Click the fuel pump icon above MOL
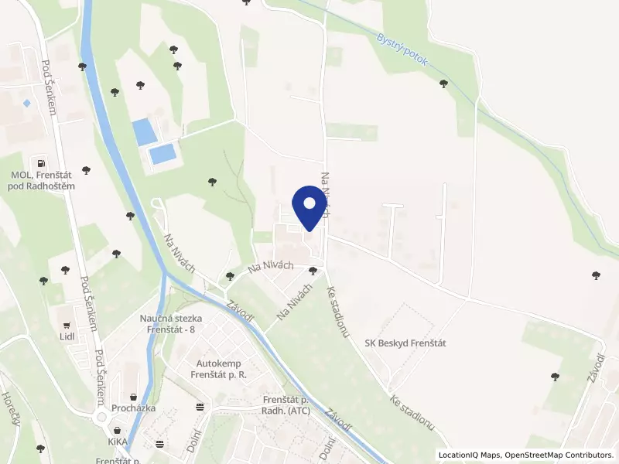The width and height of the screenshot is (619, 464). [x=40, y=163]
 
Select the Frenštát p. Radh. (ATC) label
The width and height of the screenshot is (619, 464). [x=287, y=405]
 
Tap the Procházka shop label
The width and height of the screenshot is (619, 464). [x=132, y=408]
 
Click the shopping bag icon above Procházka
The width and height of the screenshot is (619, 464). [x=134, y=396]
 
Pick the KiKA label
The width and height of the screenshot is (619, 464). [x=118, y=443]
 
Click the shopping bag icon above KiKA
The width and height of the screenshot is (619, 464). [x=118, y=431]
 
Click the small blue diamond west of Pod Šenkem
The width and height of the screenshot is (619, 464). [x=26, y=103]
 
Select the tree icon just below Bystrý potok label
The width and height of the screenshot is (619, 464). [x=443, y=84]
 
